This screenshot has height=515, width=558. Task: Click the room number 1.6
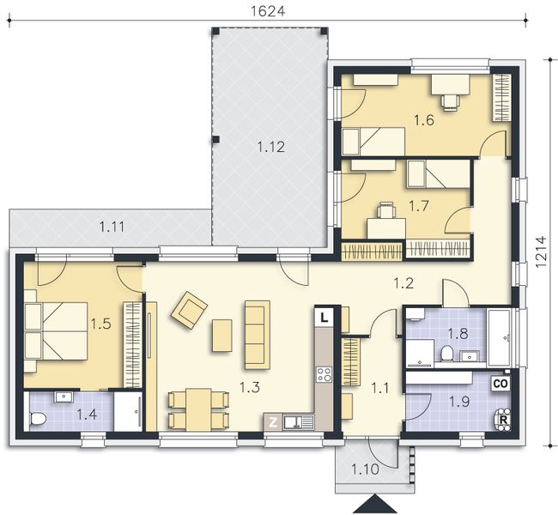click(424, 120)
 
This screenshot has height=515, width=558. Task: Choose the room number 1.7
click(418, 206)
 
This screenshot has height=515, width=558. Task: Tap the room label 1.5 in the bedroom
click(100, 324)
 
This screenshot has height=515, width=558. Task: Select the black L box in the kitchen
click(323, 316)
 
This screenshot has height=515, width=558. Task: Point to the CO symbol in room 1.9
click(500, 384)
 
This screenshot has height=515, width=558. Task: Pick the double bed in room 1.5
click(55, 330)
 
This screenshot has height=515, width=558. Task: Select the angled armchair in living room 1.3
click(189, 309)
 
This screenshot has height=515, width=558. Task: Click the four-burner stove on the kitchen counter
click(324, 373)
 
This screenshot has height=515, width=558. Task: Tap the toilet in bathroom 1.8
click(446, 354)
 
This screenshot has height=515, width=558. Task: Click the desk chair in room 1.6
click(450, 101)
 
